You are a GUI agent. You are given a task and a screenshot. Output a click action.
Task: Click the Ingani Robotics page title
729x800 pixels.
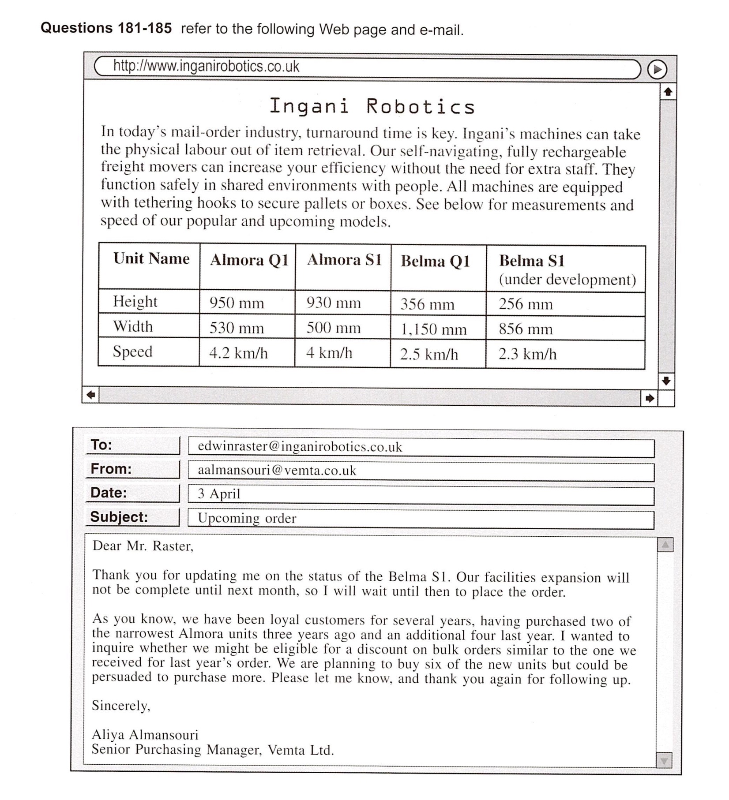[372, 107]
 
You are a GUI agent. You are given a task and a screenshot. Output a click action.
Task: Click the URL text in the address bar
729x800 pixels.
[206, 67]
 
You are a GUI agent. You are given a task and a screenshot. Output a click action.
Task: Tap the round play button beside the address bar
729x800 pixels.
[657, 70]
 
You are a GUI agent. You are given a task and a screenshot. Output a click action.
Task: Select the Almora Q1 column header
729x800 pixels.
[249, 260]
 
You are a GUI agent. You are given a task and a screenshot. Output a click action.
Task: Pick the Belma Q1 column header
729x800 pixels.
[435, 262]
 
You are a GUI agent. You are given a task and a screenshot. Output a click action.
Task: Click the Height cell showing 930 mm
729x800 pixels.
[334, 303]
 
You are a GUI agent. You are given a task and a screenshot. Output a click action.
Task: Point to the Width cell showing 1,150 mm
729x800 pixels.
[433, 329]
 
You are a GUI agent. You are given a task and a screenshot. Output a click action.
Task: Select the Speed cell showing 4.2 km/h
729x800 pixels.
[238, 353]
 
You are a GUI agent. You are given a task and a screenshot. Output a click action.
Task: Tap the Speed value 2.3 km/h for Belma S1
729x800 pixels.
[527, 354]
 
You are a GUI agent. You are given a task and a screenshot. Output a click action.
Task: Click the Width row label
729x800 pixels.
[133, 326]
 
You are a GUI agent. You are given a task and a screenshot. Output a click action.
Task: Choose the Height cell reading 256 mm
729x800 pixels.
[526, 304]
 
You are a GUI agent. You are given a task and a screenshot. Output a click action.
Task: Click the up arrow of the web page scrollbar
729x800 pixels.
[668, 92]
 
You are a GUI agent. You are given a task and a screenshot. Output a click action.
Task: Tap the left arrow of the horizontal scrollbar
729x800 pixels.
[91, 395]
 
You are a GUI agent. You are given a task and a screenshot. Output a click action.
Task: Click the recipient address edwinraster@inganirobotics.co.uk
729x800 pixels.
[300, 447]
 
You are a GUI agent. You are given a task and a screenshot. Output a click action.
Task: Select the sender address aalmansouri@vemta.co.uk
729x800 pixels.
[277, 471]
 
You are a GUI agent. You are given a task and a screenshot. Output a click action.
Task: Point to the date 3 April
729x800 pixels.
[219, 494]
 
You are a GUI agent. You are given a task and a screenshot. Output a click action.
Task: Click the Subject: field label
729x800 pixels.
[119, 517]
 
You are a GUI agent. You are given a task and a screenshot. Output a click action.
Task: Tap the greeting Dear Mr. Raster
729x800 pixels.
[143, 546]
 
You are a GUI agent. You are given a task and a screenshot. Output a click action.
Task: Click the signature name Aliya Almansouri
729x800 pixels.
[145, 735]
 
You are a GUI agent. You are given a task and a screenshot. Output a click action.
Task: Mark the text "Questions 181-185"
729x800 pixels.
[106, 29]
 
